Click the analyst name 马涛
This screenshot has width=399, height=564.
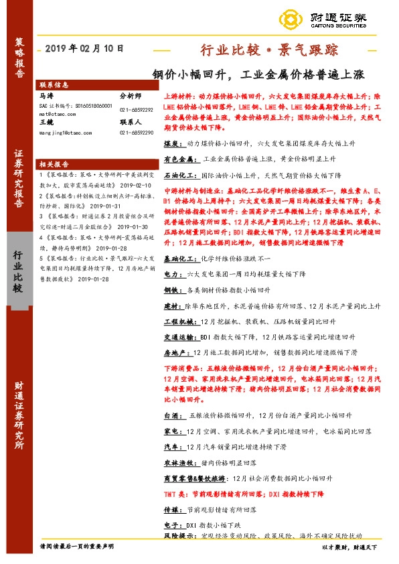click(46, 96)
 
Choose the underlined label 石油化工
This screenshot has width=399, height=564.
click(179, 175)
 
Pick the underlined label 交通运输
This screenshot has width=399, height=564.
click(179, 337)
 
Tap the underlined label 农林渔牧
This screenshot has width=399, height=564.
click(179, 463)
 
